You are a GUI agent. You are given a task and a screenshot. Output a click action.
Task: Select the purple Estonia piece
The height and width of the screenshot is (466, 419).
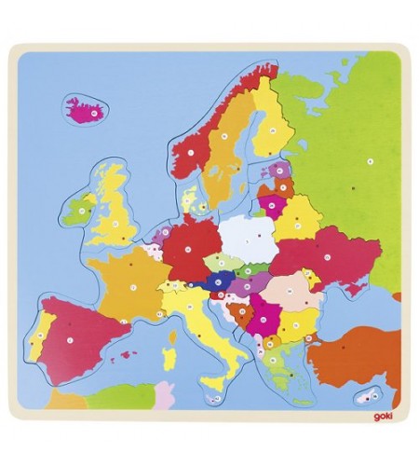click(x=277, y=172)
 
